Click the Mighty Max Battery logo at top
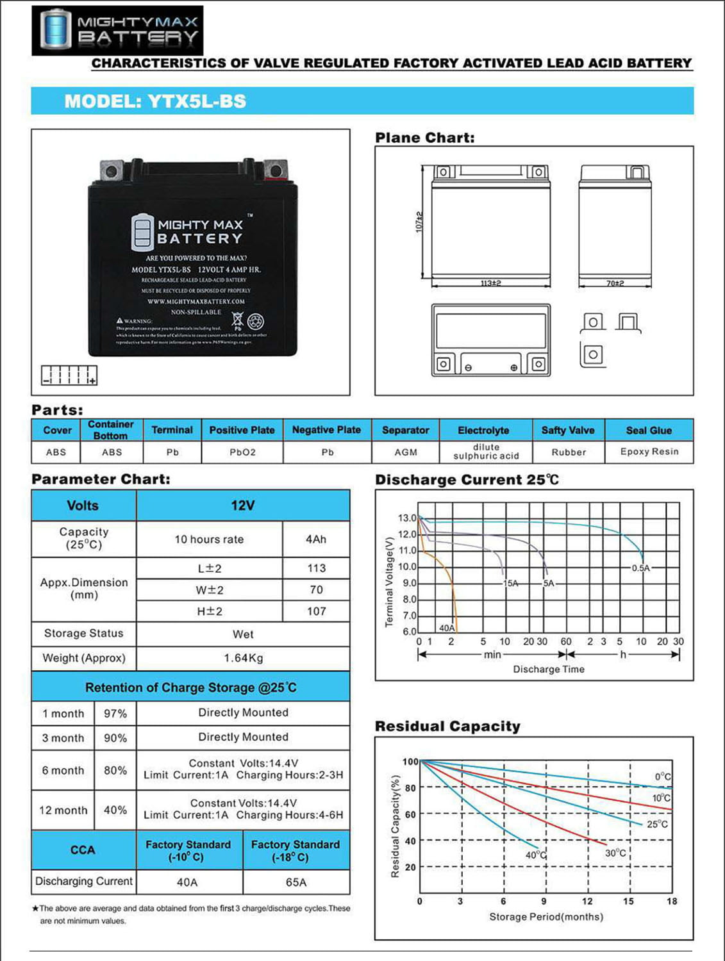click(117, 30)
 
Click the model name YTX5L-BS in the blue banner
click(196, 101)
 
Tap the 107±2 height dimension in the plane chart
click(419, 222)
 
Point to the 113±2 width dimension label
click(490, 283)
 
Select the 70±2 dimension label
click(615, 283)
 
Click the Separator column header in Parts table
click(405, 431)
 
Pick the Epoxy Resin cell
click(649, 452)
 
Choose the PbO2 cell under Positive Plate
click(242, 452)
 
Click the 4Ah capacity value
click(315, 539)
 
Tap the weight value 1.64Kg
click(243, 658)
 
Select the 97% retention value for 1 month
click(115, 714)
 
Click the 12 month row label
click(63, 810)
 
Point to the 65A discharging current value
click(296, 882)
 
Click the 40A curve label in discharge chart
click(447, 628)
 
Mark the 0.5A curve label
click(640, 568)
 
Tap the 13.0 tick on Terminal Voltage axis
click(407, 518)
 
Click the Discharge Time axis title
click(549, 669)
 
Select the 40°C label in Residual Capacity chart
click(536, 855)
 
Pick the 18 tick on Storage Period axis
click(672, 901)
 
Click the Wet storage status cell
click(243, 634)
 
